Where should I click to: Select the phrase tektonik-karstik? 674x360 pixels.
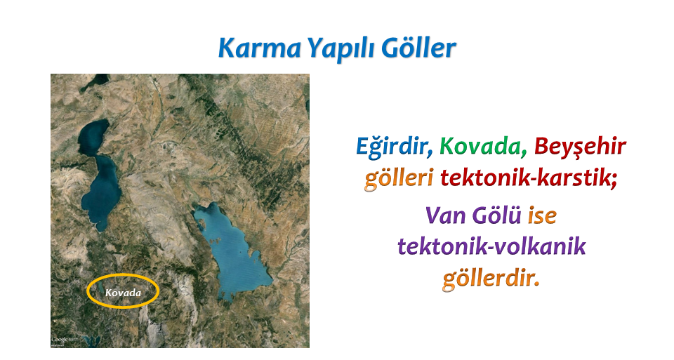[x=528, y=178]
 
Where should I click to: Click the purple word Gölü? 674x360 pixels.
[x=496, y=214]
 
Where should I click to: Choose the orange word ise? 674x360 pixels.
[x=542, y=215]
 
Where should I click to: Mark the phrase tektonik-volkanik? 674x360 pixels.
[x=491, y=246]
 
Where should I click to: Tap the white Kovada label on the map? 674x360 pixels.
[x=123, y=293]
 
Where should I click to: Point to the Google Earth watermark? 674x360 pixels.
[x=60, y=340]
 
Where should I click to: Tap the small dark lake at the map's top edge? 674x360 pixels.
[x=95, y=81]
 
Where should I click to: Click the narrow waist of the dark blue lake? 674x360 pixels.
[x=98, y=154]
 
